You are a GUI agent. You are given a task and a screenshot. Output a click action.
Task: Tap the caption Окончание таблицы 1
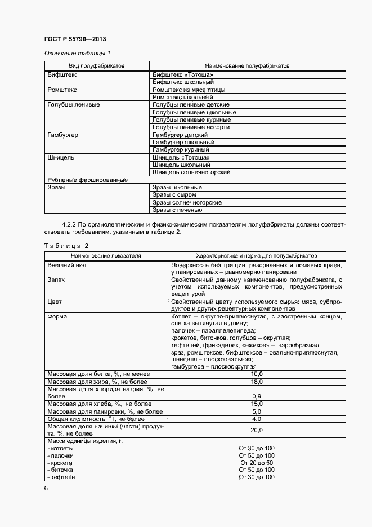tap(73, 53)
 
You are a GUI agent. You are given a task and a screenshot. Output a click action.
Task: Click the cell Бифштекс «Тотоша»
tap(182, 74)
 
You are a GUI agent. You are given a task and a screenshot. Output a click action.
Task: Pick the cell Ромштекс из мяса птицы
tap(189, 90)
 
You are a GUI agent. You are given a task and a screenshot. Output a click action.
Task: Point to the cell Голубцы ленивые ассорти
tap(191, 127)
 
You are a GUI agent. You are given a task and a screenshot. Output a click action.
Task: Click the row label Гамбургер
tap(63, 135)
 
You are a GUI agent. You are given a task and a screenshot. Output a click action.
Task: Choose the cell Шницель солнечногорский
tap(191, 172)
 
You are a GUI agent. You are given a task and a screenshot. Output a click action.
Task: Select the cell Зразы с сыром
tap(174, 195)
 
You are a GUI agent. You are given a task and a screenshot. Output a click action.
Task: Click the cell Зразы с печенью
tap(177, 210)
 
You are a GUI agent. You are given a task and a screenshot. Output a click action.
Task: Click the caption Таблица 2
tap(66, 246)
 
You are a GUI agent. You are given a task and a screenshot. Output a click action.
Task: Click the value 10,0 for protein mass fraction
tap(256, 374)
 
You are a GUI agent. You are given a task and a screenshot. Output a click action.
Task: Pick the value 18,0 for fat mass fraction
tap(256, 382)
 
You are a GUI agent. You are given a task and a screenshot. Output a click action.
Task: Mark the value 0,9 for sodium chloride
tap(256, 396)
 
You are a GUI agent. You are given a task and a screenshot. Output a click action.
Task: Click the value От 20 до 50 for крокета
tap(256, 462)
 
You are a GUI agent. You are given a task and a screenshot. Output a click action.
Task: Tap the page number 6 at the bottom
tap(46, 489)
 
